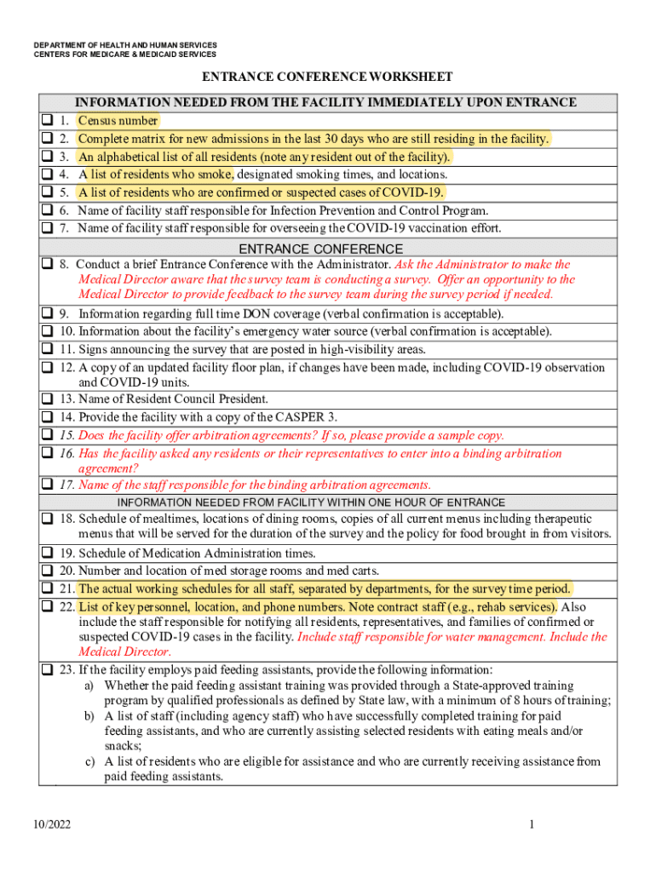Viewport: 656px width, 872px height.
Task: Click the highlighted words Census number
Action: pos(117,121)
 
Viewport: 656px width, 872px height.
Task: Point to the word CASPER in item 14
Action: pos(299,417)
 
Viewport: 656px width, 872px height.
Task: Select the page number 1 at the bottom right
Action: pos(531,824)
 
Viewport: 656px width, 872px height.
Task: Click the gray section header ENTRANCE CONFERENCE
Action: pos(320,249)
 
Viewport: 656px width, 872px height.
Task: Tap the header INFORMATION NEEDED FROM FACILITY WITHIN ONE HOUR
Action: pos(311,502)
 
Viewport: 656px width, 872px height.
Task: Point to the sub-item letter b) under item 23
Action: pos(88,716)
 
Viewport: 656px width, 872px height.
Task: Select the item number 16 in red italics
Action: pos(66,454)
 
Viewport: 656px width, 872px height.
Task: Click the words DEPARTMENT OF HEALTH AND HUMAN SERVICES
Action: pos(125,44)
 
